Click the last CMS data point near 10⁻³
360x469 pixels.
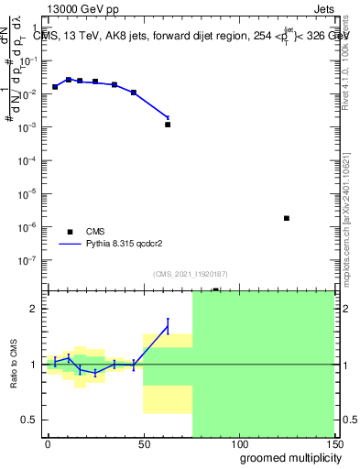click(x=168, y=124)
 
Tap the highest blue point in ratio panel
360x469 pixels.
click(x=168, y=326)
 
